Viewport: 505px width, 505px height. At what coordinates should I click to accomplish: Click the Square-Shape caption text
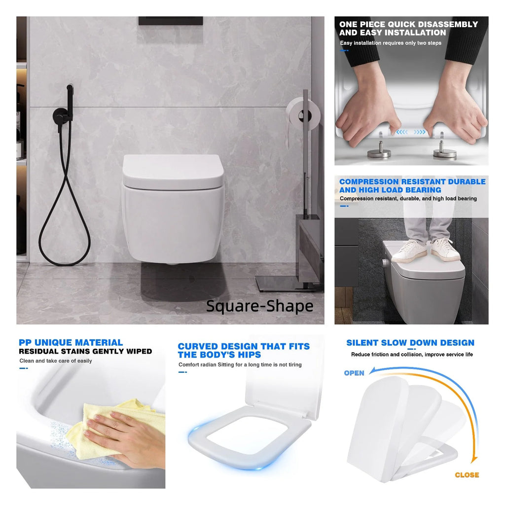[x=259, y=306]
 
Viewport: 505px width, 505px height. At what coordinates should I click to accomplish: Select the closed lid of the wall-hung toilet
[x=173, y=172]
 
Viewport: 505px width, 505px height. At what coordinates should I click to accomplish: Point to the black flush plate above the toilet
[x=171, y=21]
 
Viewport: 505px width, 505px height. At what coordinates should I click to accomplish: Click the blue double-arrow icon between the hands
[x=411, y=132]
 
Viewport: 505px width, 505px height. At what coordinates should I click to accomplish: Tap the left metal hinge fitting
[x=379, y=149]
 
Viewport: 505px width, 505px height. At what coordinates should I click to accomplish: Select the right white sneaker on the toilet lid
[x=445, y=249]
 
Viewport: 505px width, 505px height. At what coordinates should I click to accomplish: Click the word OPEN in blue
[x=354, y=373]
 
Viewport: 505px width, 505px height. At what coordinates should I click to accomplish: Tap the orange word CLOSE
[x=467, y=475]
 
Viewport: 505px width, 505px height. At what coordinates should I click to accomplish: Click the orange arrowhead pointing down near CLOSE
[x=473, y=459]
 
